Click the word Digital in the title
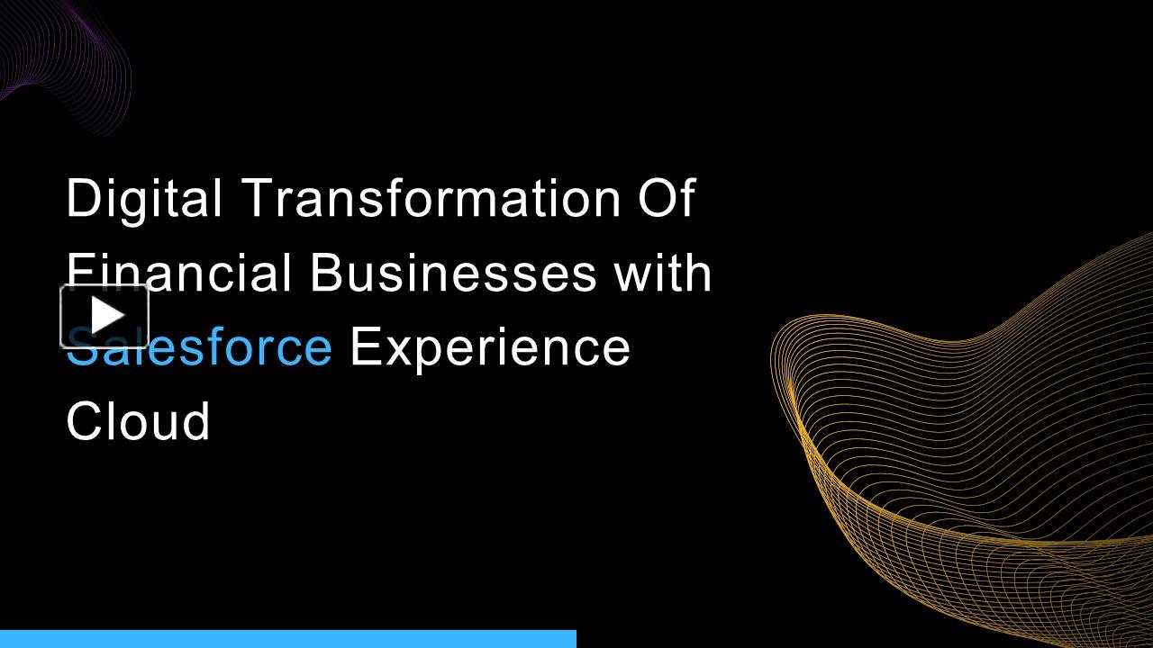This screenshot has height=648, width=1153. coord(144,198)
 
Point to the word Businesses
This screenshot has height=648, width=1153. coord(453,274)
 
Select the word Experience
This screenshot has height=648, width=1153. coord(490,347)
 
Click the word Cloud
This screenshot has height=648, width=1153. coord(138,421)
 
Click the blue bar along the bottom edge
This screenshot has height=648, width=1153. coord(288,639)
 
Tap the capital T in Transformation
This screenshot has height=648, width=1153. coord(255,198)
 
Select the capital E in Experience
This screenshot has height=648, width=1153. coord(362,347)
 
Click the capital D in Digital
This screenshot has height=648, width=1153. coord(82,198)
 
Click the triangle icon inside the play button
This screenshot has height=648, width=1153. coord(106,316)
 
